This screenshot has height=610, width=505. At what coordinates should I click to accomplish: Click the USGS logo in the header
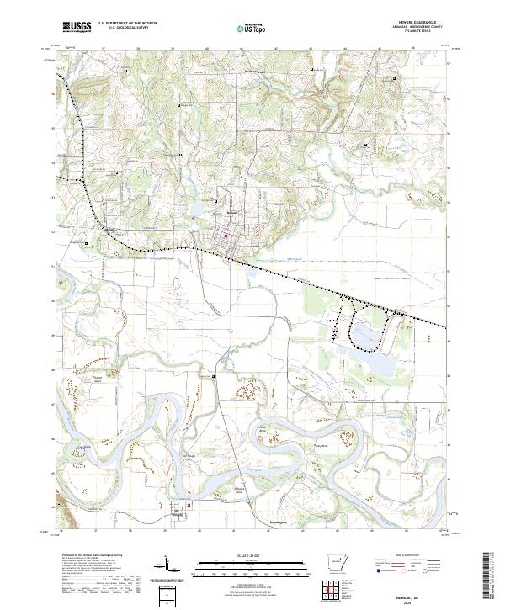(77, 28)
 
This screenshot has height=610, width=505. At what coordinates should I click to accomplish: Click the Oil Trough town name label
(178, 512)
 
